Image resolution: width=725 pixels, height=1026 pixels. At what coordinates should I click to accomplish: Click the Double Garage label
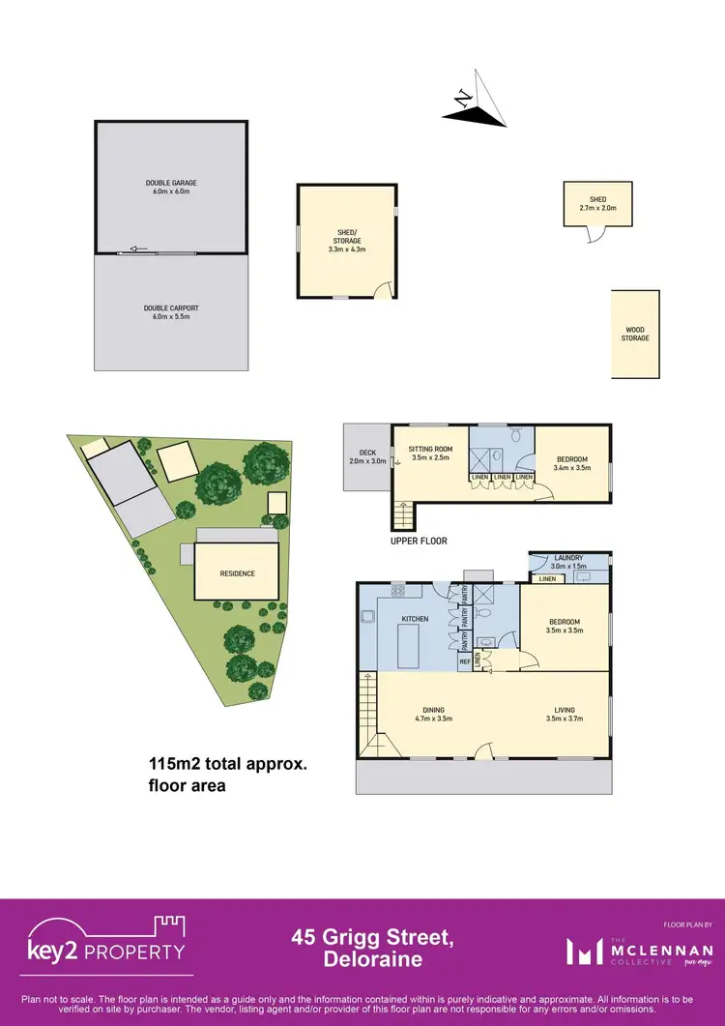click(171, 187)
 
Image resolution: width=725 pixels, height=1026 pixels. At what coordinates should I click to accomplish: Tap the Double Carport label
click(171, 311)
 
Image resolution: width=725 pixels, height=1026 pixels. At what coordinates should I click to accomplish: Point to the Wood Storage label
click(635, 334)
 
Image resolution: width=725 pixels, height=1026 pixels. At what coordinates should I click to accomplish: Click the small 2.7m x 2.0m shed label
click(598, 203)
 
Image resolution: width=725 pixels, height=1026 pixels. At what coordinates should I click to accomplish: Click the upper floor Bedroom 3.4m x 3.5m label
click(569, 463)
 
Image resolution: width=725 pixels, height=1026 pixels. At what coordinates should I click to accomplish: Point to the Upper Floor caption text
click(419, 542)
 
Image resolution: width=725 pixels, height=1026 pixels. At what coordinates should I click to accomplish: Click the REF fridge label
click(465, 661)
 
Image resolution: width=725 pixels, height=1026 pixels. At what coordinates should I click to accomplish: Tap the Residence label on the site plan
click(237, 573)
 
